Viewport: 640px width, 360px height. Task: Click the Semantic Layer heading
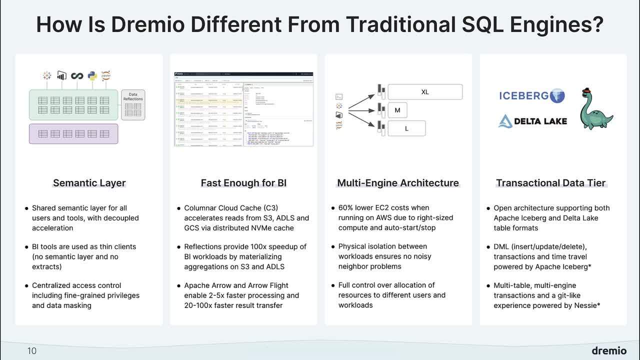coord(89,183)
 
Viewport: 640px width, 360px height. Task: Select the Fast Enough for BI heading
coord(243,183)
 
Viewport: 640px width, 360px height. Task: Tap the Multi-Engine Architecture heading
coord(398,183)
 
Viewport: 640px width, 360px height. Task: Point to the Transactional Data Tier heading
coord(550,183)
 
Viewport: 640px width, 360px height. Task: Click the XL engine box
coord(425,92)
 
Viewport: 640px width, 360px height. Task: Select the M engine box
coord(397,110)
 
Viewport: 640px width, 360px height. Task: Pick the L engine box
coord(406,128)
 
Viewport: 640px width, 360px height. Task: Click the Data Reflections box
coord(133,105)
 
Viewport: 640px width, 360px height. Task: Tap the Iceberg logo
coord(531,95)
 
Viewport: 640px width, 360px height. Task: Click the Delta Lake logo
coord(532,121)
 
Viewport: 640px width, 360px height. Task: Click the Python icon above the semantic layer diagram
coord(92,76)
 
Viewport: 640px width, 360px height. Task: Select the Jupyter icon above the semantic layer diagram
coord(105,76)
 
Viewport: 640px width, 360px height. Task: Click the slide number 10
coord(32,351)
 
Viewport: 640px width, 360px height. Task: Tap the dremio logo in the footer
coord(608,350)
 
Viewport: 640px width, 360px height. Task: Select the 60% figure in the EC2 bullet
coord(346,208)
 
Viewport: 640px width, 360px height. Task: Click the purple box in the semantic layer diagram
coord(73,134)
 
